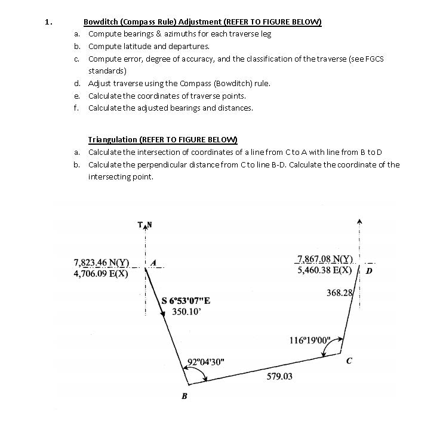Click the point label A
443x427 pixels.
(154, 262)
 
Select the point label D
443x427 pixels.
(369, 270)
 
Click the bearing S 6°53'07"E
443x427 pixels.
(186, 301)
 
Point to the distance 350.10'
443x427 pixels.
(184, 312)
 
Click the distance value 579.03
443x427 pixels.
(279, 377)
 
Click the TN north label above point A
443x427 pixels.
(145, 225)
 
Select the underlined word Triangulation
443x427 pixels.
(112, 139)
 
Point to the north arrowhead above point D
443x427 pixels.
(359, 221)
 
